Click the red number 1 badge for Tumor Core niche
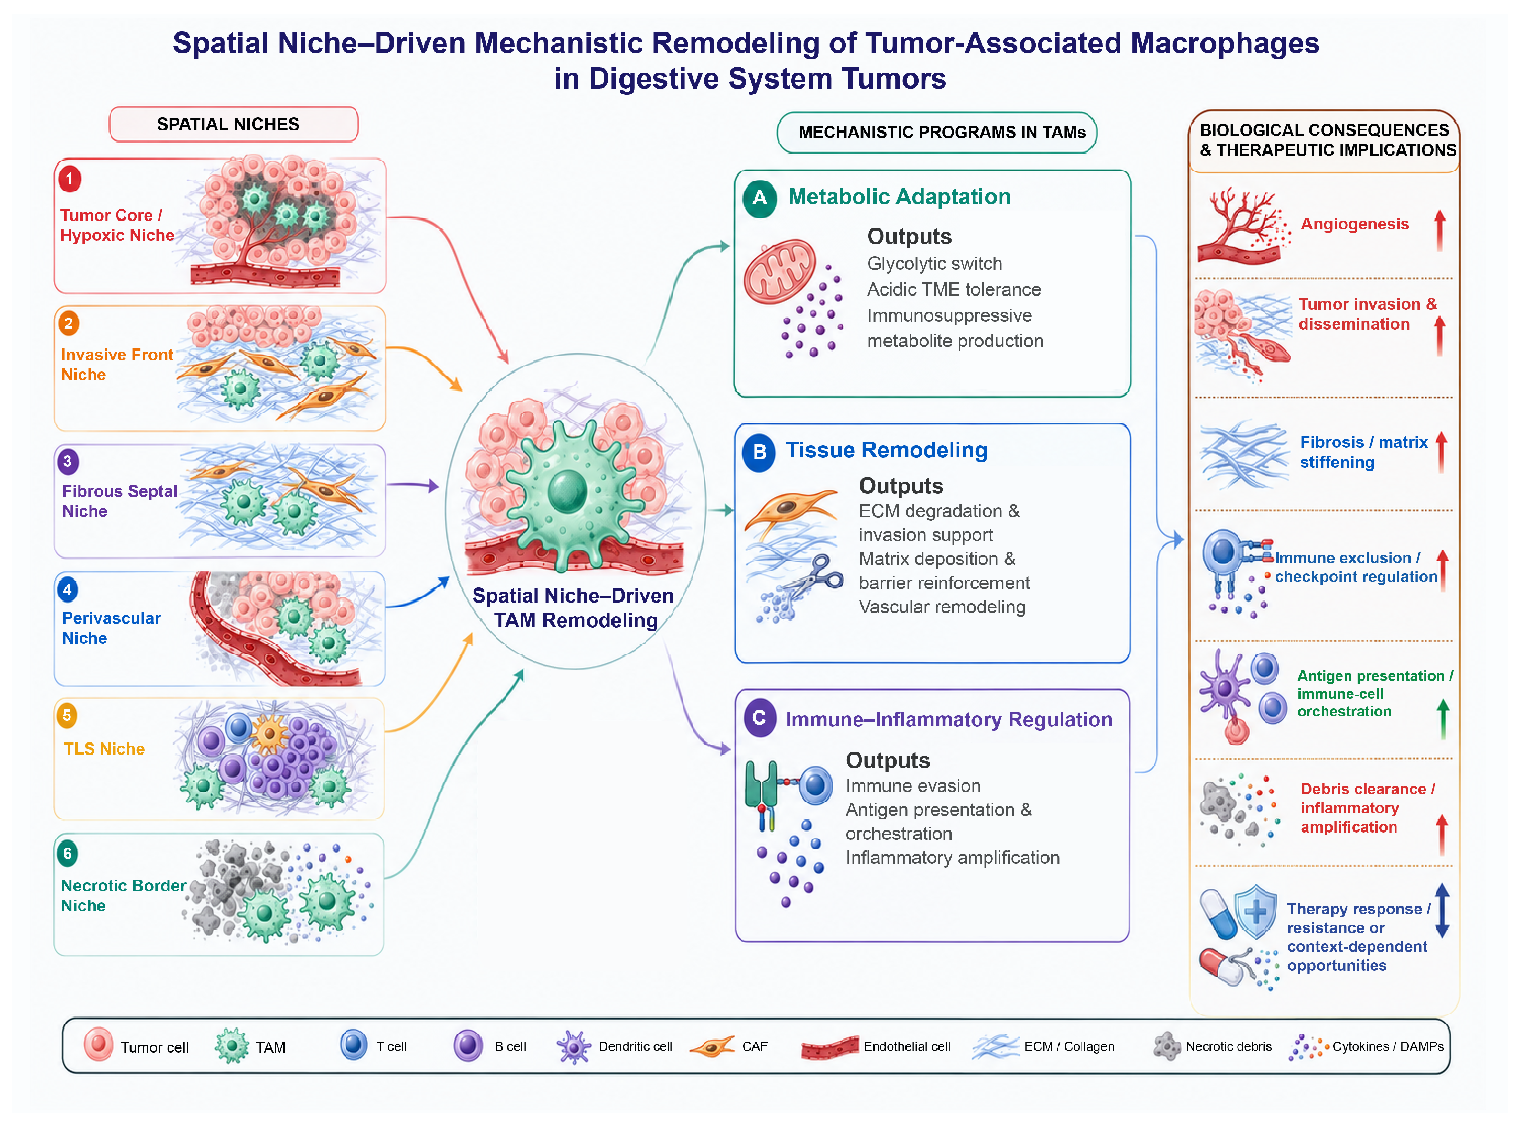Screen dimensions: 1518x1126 tap(70, 179)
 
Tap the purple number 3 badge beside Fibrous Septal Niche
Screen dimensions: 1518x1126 tap(68, 462)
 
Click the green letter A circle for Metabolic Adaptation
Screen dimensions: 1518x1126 tap(760, 199)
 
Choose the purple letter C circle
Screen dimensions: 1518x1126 tap(759, 718)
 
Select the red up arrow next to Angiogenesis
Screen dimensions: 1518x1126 tap(1439, 229)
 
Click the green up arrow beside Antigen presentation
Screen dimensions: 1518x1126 tap(1443, 719)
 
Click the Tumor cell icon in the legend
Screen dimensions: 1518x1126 tap(98, 1044)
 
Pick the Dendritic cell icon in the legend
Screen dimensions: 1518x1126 tap(573, 1047)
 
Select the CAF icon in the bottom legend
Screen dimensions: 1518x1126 tap(712, 1046)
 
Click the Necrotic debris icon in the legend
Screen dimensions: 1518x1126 tap(1167, 1046)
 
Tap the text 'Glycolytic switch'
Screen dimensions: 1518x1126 tap(934, 264)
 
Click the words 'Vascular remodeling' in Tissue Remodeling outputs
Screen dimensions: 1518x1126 tap(942, 607)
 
